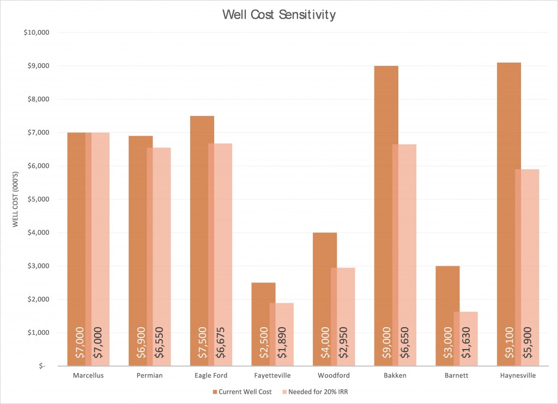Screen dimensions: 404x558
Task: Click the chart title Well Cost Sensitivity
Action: (278, 15)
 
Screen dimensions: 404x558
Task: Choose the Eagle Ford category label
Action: (211, 376)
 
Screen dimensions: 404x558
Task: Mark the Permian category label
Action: (149, 376)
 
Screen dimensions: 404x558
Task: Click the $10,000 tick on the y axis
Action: (37, 33)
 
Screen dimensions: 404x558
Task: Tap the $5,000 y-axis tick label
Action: (38, 199)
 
